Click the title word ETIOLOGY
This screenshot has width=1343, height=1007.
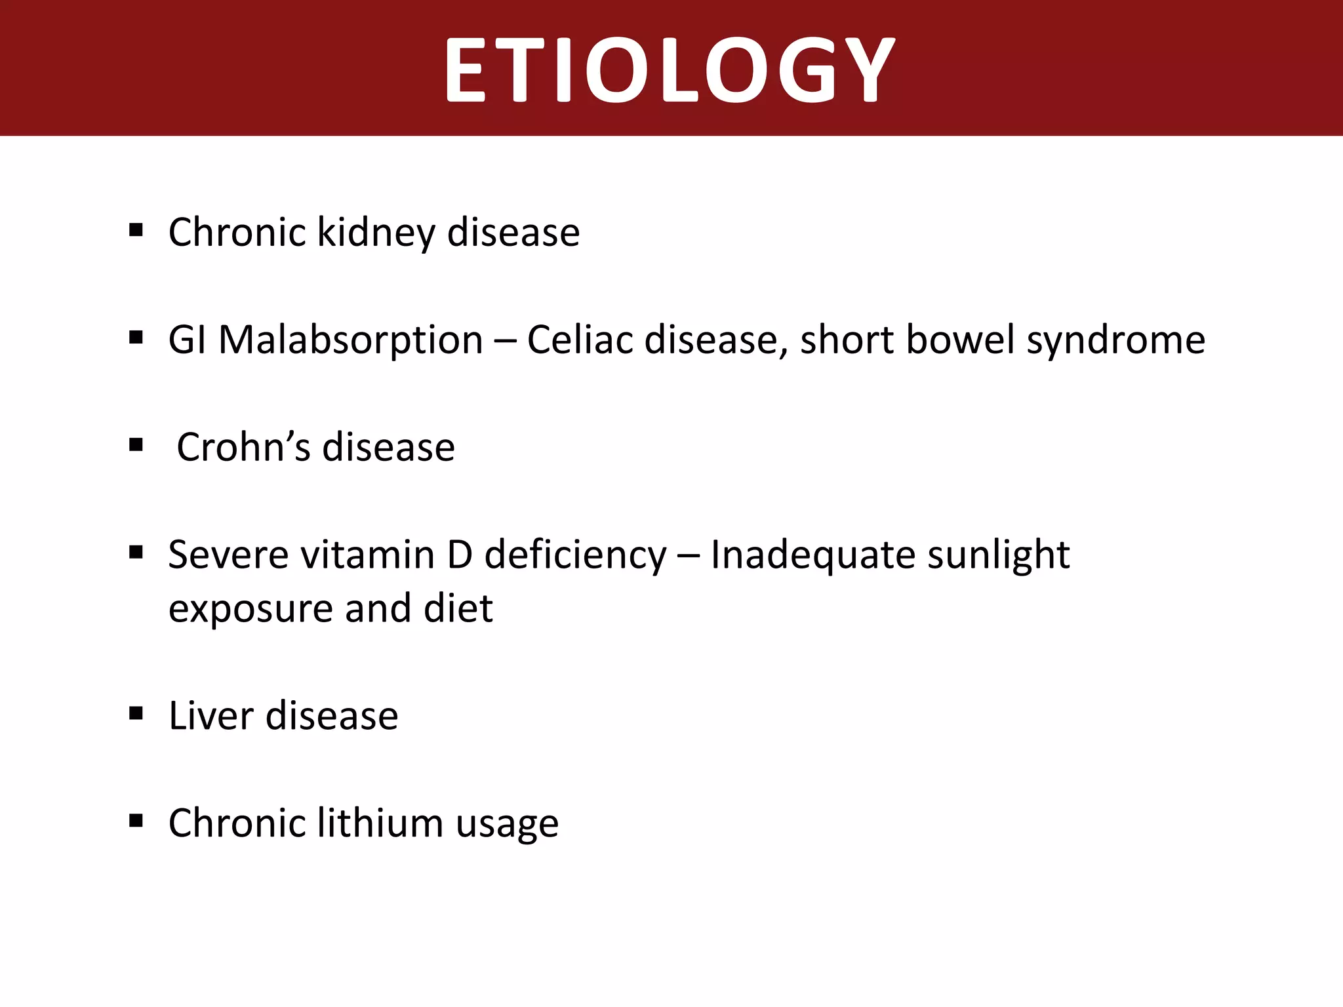pyautogui.click(x=670, y=69)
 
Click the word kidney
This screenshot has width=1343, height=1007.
pyautogui.click(x=376, y=233)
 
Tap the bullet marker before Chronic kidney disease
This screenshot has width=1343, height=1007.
pyautogui.click(x=136, y=230)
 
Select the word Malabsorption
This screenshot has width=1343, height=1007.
pyautogui.click(x=350, y=340)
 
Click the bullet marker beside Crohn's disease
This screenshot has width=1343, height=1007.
pyautogui.click(x=136, y=445)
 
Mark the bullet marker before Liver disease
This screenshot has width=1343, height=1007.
pyautogui.click(x=136, y=713)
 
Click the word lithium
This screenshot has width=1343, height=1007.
pyautogui.click(x=380, y=823)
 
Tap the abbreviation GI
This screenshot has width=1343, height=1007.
pyautogui.click(x=188, y=340)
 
